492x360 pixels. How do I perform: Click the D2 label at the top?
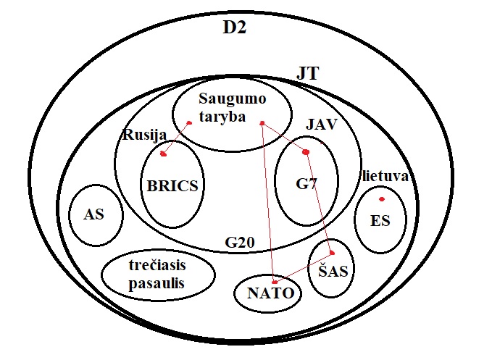pos(235,28)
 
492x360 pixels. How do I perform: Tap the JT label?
pos(308,74)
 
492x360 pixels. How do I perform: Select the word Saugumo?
pos(233,99)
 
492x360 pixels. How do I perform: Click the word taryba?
pos(222,117)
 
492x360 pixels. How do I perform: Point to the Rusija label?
pos(145,135)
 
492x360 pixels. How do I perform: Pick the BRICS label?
pos(172,185)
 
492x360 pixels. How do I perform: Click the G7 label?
pos(307,184)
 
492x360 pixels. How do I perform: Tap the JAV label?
pos(322,125)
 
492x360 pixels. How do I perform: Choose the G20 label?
pos(240,243)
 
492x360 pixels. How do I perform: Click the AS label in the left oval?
pos(93,214)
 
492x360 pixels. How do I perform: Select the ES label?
pos(380,220)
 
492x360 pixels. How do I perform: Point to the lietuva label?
pos(385,176)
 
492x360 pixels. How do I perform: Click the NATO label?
pos(271,293)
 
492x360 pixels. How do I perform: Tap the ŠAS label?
pos(333,270)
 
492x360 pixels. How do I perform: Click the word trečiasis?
pos(157,265)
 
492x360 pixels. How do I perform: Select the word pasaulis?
pos(157,284)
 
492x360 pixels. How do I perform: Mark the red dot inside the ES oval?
pos(382,199)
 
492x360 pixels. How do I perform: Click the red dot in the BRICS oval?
pos(163,154)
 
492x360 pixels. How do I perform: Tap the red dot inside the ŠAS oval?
pos(333,253)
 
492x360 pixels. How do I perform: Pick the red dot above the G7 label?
pos(306,152)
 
